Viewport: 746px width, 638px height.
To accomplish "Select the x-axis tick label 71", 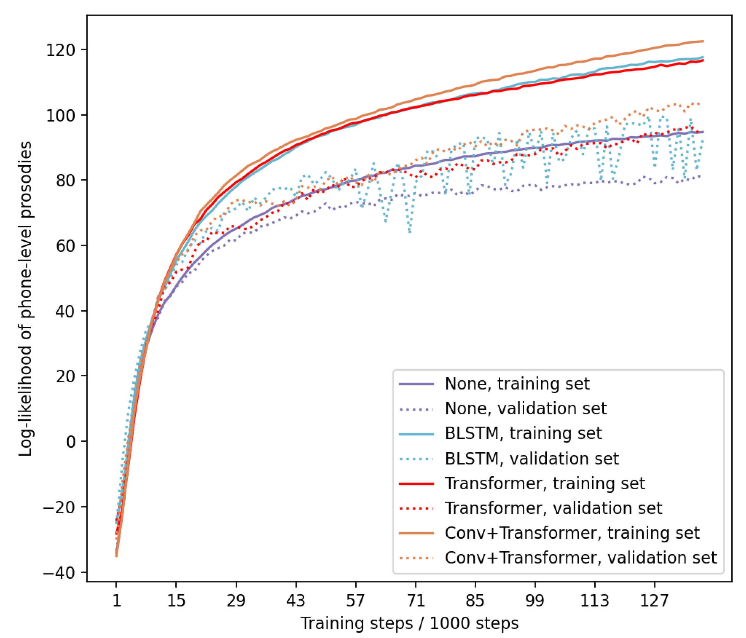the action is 416,601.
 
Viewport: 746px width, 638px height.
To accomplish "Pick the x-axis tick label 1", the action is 116,601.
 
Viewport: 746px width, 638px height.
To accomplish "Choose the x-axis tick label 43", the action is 296,601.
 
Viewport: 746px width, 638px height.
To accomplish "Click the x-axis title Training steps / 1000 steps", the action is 409,623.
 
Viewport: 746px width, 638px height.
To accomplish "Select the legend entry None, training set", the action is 517,384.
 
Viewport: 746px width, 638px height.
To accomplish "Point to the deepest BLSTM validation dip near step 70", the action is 410,232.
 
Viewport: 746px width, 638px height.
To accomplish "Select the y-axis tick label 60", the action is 66,246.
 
